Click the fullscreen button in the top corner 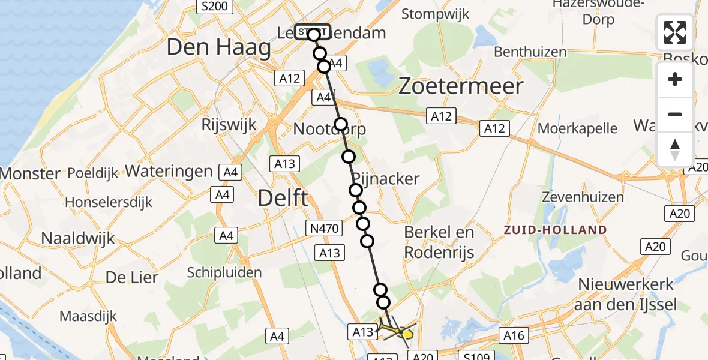[675, 32]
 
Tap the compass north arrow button [675, 149]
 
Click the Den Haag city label [218, 47]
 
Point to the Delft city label [283, 197]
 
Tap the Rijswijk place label [229, 125]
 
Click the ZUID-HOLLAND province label [555, 230]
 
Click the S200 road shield [214, 7]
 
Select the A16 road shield [514, 336]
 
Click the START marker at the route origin [312, 32]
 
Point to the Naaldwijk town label [77, 238]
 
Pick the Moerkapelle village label [577, 128]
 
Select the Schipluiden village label [224, 272]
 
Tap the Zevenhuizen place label [578, 196]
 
